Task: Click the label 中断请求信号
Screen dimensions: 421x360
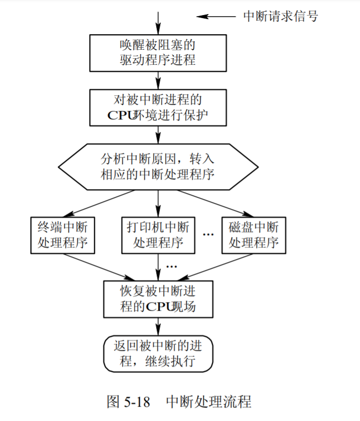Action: pyautogui.click(x=281, y=16)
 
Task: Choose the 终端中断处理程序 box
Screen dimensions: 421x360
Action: pyautogui.click(x=63, y=235)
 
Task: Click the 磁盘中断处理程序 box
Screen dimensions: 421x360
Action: pyautogui.click(x=254, y=235)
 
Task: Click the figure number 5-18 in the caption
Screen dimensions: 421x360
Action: pyautogui.click(x=134, y=402)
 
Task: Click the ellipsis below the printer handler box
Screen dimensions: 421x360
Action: pyautogui.click(x=171, y=265)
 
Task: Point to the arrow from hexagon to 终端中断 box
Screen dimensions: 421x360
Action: pyautogui.click(x=100, y=203)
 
